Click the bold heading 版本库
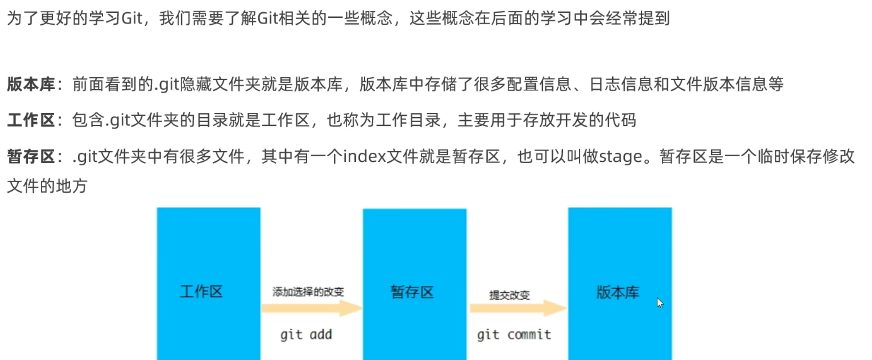(x=31, y=85)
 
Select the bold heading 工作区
(x=31, y=120)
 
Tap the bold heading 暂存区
(x=31, y=157)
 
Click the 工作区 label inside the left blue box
(x=201, y=292)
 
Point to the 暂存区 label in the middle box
(x=412, y=292)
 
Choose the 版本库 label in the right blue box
(x=618, y=293)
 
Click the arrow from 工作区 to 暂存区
(x=312, y=308)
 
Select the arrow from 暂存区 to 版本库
(x=518, y=308)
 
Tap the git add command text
(x=306, y=334)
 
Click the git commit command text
(x=514, y=334)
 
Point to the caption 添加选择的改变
(x=308, y=292)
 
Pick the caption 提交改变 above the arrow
(x=510, y=295)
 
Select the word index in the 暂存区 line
(x=365, y=157)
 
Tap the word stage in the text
(x=621, y=157)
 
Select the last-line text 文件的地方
(x=47, y=186)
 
